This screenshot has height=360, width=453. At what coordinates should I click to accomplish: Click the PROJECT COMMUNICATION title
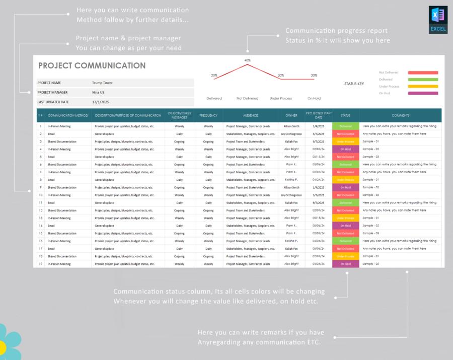pyautogui.click(x=92, y=65)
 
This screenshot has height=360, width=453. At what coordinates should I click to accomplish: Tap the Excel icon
pyautogui.click(x=438, y=19)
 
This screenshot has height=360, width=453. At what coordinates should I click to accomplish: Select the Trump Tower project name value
pyautogui.click(x=103, y=83)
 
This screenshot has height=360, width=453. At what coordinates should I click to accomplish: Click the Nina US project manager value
pyautogui.click(x=99, y=92)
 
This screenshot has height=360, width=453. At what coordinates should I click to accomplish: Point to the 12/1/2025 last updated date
pyautogui.click(x=100, y=102)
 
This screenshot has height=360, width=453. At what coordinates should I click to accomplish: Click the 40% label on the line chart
pyautogui.click(x=247, y=60)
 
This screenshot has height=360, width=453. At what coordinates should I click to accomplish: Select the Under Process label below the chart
pyautogui.click(x=280, y=98)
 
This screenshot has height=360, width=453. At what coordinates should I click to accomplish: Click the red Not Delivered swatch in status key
pyautogui.click(x=423, y=73)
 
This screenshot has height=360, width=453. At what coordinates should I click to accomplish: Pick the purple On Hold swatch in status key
pyautogui.click(x=423, y=93)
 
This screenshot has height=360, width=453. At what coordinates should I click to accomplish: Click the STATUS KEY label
pyautogui.click(x=354, y=84)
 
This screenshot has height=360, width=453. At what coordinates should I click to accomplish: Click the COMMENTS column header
pyautogui.click(x=400, y=115)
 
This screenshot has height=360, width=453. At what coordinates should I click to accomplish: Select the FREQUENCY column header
pyautogui.click(x=208, y=115)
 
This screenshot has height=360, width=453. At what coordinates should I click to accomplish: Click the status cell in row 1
pyautogui.click(x=345, y=126)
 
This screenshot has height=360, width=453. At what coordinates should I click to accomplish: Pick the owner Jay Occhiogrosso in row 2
pyautogui.click(x=291, y=134)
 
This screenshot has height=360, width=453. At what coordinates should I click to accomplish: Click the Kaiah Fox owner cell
pyautogui.click(x=291, y=141)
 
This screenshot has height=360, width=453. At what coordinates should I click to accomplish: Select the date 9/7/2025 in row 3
pyautogui.click(x=318, y=141)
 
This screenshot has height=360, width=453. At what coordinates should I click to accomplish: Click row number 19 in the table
pyautogui.click(x=40, y=264)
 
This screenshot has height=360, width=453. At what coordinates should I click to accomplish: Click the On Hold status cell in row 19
pyautogui.click(x=345, y=264)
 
